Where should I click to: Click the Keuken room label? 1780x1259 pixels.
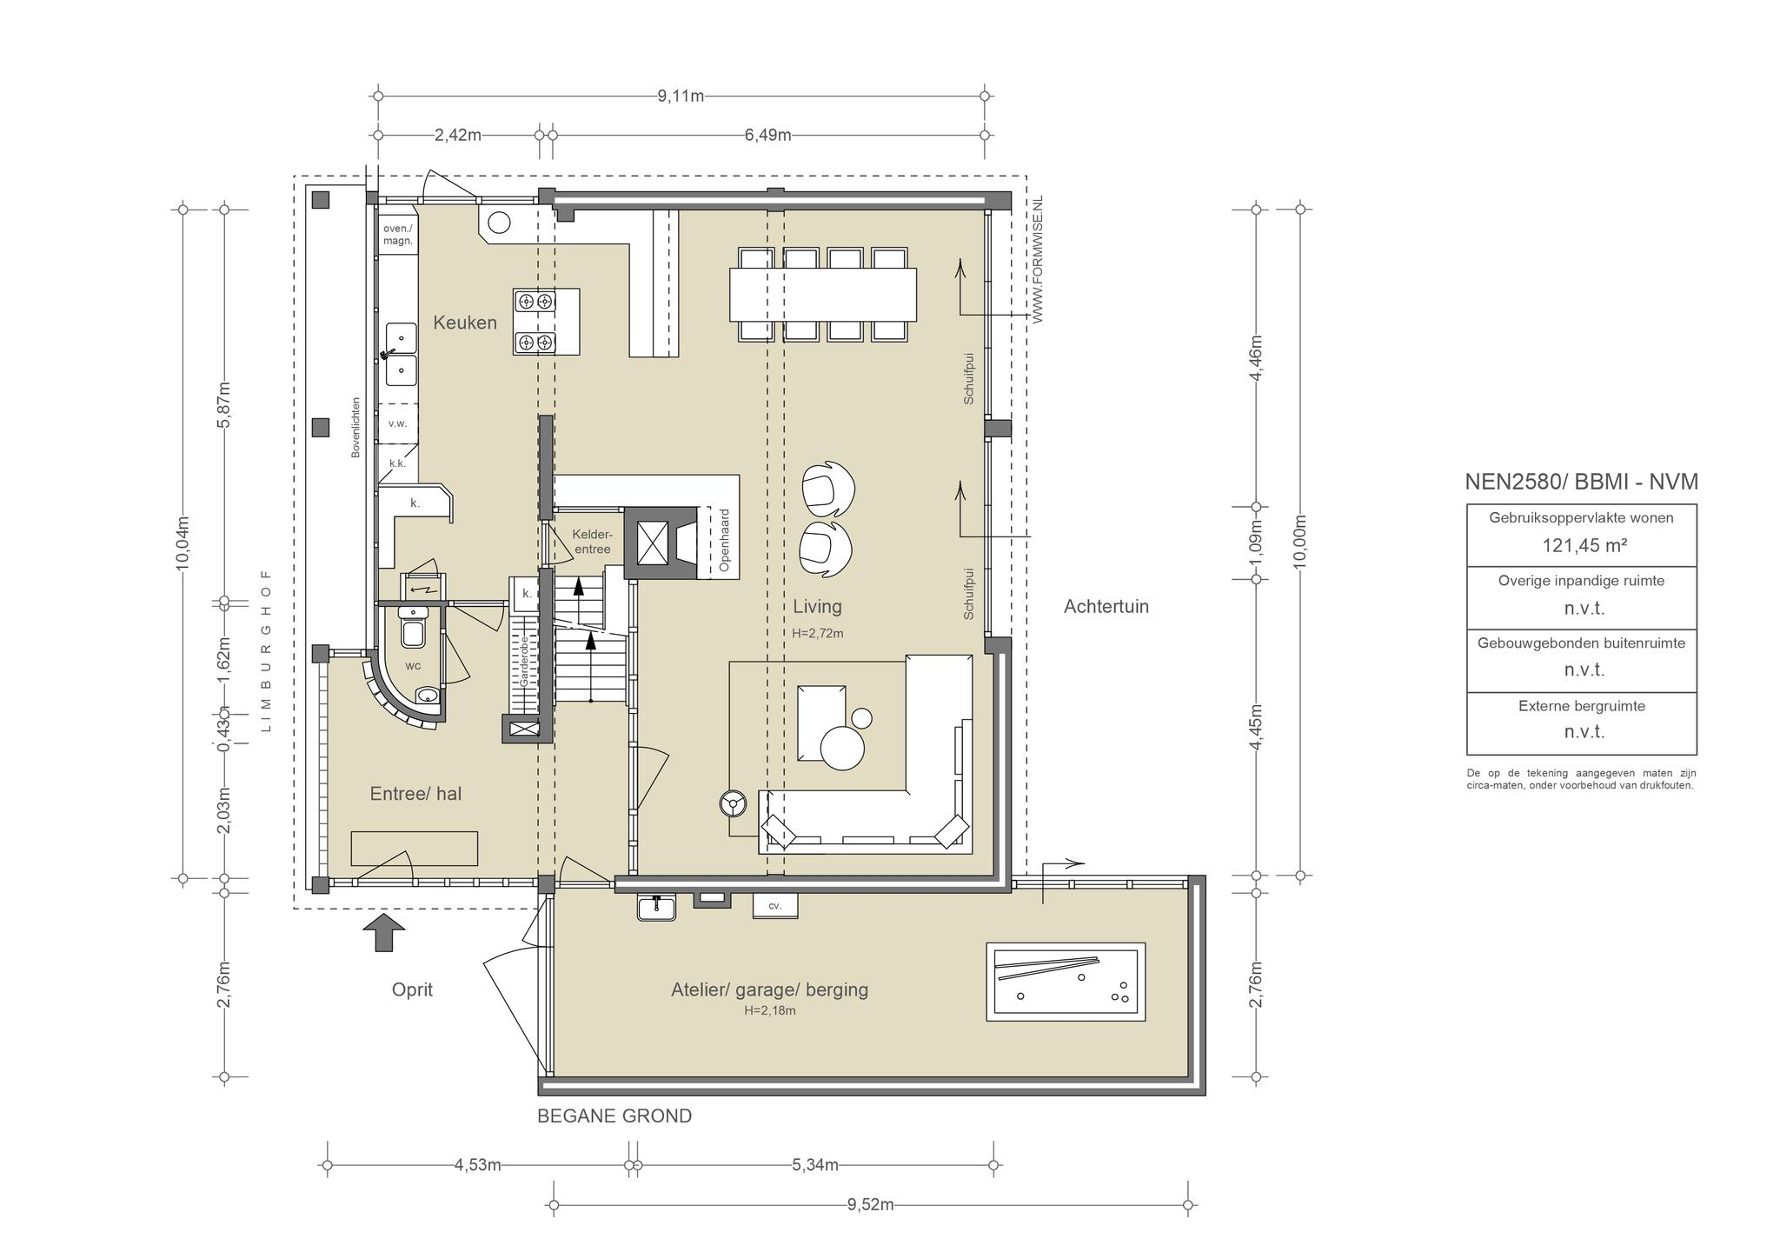pos(465,323)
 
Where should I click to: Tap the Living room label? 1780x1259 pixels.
pos(817,607)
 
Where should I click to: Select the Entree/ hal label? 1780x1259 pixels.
pos(415,793)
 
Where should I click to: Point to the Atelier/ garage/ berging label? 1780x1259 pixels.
pos(769,989)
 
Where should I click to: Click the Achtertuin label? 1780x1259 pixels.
pos(1106,607)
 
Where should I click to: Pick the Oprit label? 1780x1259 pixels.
pos(412,989)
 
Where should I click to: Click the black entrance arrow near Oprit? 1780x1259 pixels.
pos(383,931)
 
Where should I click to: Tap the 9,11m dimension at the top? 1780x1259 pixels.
pos(681,96)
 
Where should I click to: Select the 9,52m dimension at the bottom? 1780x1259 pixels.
pos(870,1204)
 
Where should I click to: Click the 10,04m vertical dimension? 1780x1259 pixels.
pos(183,543)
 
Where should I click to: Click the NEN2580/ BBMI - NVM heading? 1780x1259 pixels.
pos(1581,482)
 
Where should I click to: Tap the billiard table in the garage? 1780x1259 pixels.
pos(1066,982)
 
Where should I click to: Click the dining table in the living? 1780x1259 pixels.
pos(823,294)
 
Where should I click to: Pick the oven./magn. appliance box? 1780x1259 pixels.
pos(398,234)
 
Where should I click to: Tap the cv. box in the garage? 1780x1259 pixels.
pos(775,906)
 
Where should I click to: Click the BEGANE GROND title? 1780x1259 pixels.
pos(614,1116)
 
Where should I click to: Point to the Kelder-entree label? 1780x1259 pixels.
pos(592,542)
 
